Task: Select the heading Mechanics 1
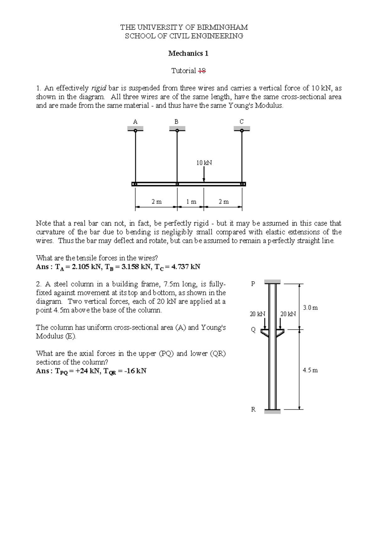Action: (188, 53)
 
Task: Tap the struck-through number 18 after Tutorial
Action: (202, 71)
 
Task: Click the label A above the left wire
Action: (135, 122)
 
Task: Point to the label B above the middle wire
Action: (177, 122)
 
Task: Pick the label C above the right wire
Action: (242, 122)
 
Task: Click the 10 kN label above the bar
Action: (204, 163)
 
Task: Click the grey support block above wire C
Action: (242, 128)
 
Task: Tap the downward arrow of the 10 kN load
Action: (204, 175)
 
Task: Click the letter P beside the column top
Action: (253, 284)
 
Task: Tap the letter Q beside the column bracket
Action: (253, 330)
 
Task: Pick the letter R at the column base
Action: (253, 409)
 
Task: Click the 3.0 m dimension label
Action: (310, 308)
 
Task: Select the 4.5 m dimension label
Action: (310, 370)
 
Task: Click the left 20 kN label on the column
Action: (257, 314)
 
